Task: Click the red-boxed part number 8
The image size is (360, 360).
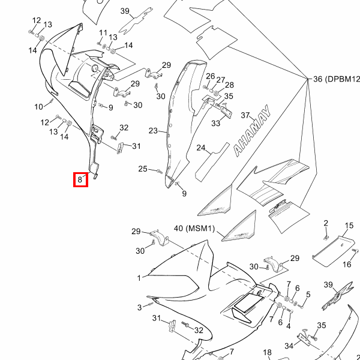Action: [80, 179]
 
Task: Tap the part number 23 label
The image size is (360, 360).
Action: [153, 131]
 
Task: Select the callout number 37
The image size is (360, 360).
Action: [245, 115]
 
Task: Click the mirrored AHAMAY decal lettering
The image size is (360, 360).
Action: [252, 131]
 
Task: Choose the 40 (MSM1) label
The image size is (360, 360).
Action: [194, 228]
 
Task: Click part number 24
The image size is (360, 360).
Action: [200, 148]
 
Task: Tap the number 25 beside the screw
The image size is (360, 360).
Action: [143, 169]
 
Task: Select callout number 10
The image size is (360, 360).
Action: [38, 107]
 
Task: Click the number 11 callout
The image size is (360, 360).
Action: [103, 33]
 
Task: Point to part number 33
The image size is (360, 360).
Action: [215, 123]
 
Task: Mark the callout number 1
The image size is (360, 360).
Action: [139, 278]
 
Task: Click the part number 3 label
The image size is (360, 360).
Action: [140, 307]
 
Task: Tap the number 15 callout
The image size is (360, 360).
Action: [349, 226]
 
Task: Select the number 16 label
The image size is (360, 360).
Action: [347, 265]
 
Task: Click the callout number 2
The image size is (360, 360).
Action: [326, 223]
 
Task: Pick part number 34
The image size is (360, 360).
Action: [289, 346]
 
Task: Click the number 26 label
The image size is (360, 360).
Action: [211, 76]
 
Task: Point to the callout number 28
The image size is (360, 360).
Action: [229, 85]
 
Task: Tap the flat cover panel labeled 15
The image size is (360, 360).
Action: [334, 251]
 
